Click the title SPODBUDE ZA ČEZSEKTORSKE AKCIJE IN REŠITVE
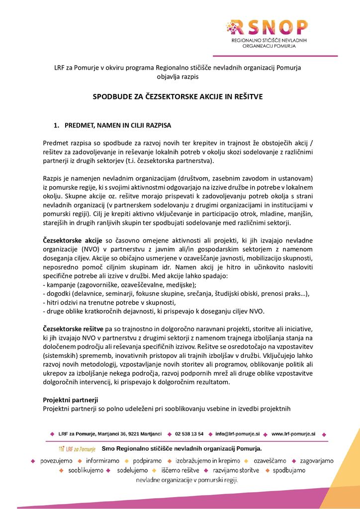[178, 96]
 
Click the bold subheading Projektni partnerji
[70, 400]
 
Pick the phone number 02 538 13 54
[189, 434]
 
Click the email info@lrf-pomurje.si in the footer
[237, 434]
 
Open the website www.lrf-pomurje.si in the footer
[293, 434]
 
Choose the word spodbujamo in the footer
[289, 470]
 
